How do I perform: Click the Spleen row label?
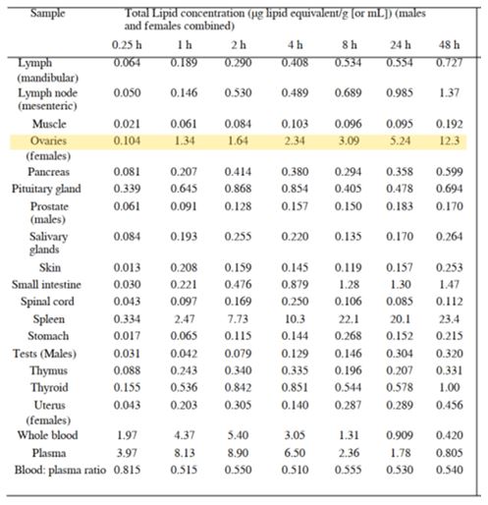pyautogui.click(x=49, y=319)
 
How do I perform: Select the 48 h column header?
pyautogui.click(x=449, y=44)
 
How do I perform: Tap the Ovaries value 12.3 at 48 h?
pyautogui.click(x=449, y=140)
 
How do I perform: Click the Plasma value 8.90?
pyautogui.click(x=238, y=453)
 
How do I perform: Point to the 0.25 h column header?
pyautogui.click(x=127, y=44)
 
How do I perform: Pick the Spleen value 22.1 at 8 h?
pyautogui.click(x=349, y=319)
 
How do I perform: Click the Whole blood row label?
pyautogui.click(x=48, y=435)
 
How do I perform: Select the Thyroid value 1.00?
pyautogui.click(x=449, y=387)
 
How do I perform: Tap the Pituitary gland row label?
pyautogui.click(x=46, y=189)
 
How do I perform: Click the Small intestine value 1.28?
pyautogui.click(x=349, y=284)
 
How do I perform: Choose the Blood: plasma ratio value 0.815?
pyautogui.click(x=127, y=470)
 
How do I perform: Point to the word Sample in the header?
pyautogui.click(x=48, y=13)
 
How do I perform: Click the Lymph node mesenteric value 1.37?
pyautogui.click(x=449, y=92)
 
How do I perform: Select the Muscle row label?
pyautogui.click(x=49, y=124)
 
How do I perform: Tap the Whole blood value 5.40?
pyautogui.click(x=238, y=435)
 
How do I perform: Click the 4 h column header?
pyautogui.click(x=295, y=44)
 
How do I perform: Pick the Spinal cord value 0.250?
pyautogui.click(x=295, y=302)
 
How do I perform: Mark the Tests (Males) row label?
pyautogui.click(x=44, y=354)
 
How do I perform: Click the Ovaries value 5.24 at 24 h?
pyautogui.click(x=400, y=140)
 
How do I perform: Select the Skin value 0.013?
pyautogui.click(x=127, y=267)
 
